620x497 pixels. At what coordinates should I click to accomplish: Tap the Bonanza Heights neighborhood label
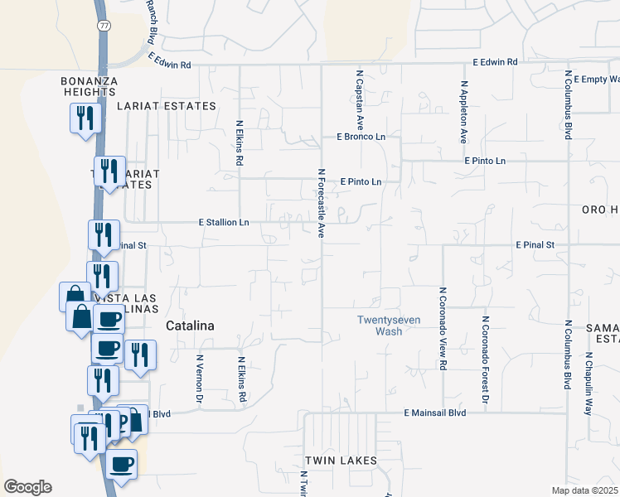tap(90, 86)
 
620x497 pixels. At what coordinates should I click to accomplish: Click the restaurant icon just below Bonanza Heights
tap(84, 118)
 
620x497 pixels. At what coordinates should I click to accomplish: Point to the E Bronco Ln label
tap(361, 137)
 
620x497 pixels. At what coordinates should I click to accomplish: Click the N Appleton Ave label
tap(464, 113)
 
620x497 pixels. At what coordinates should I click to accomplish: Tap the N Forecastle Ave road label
tap(321, 204)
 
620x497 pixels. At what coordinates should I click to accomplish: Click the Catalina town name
tap(190, 326)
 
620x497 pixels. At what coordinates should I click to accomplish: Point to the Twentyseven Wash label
tap(379, 326)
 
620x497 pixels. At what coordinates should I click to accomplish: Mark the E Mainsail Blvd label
tap(435, 413)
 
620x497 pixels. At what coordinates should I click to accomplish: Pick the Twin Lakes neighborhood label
tap(341, 461)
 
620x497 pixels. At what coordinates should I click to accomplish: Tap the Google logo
tap(27, 487)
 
